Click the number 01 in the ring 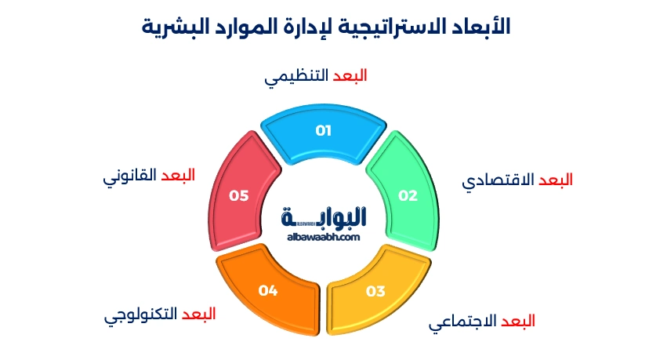click(324, 131)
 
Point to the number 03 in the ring click(375, 292)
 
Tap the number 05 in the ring click(239, 196)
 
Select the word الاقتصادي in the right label click(498, 180)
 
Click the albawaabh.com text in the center click(323, 237)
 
